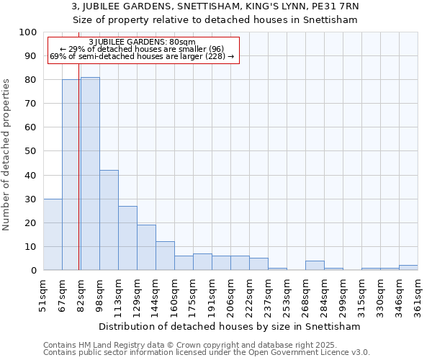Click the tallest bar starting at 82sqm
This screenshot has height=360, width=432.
click(x=90, y=174)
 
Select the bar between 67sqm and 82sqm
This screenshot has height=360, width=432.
click(x=71, y=175)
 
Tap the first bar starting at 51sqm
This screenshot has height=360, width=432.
click(x=53, y=234)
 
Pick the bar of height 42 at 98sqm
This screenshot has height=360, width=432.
click(x=109, y=220)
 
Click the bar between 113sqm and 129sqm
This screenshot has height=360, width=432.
click(x=127, y=238)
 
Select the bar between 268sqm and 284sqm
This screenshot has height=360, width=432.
click(x=315, y=265)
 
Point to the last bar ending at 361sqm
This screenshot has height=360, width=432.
click(x=408, y=267)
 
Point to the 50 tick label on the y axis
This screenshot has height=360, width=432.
click(x=30, y=151)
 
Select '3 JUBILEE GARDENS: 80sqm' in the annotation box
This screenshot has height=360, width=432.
click(x=142, y=42)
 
